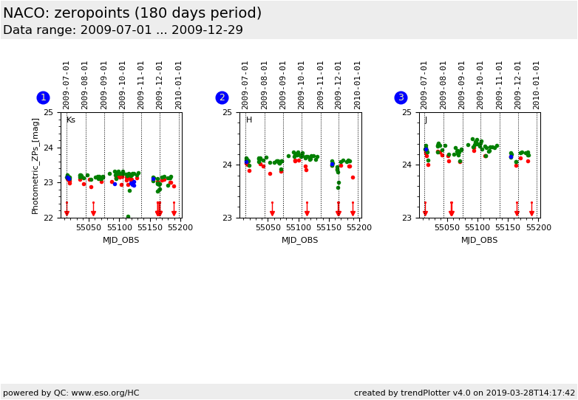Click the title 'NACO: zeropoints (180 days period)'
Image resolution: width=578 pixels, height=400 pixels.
[132, 13]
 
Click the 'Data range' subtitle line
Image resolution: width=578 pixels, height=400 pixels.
[123, 30]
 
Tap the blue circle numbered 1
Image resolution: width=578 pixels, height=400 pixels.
[43, 97]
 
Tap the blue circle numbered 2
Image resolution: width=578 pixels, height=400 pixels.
[222, 97]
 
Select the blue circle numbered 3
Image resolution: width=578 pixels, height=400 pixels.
[401, 97]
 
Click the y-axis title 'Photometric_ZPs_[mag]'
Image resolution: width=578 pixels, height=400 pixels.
[35, 165]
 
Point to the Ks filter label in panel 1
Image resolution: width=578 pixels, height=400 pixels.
[71, 120]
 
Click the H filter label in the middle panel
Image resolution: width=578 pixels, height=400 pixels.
[249, 120]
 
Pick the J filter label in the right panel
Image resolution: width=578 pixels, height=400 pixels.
[426, 120]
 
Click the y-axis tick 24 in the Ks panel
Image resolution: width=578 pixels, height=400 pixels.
[48, 148]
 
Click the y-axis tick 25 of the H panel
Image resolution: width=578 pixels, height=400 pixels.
[227, 112]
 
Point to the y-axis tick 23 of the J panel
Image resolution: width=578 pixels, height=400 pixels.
[406, 218]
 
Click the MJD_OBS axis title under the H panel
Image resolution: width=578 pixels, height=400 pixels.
[299, 240]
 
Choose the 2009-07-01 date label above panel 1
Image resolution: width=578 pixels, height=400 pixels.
[67, 85]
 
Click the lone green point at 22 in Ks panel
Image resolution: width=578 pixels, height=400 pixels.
[128, 217]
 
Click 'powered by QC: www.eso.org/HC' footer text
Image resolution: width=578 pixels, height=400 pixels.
[71, 393]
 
